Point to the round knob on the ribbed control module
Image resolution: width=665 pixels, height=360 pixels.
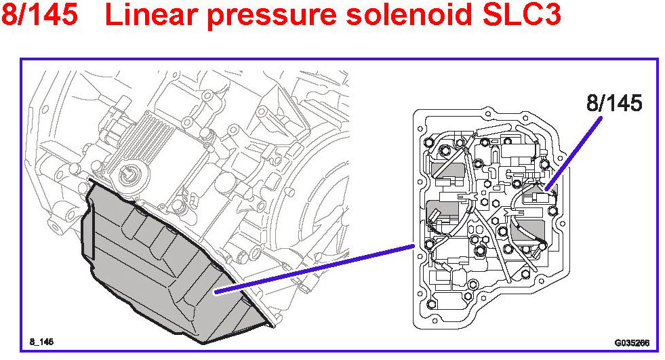(127, 175)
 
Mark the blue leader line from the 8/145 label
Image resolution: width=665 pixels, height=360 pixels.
(575, 149)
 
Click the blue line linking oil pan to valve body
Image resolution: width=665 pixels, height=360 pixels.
(312, 268)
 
